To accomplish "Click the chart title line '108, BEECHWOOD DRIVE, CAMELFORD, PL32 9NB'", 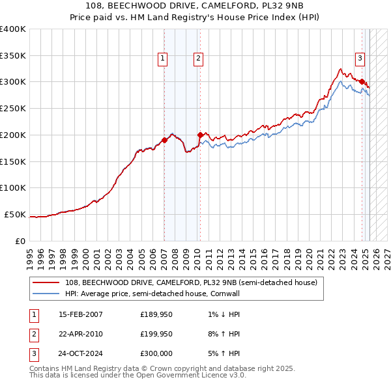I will pos(195,5).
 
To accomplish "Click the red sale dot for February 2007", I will pos(164,139).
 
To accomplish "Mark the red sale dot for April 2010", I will pos(200,135).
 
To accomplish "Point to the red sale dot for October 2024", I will pos(362,81).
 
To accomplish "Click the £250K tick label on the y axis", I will pos(13,108).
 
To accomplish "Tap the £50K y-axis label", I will pos(15,214).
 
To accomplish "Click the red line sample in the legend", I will pos(45,282).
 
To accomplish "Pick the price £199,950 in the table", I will pos(156,335).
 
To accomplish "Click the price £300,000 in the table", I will pos(156,355).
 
